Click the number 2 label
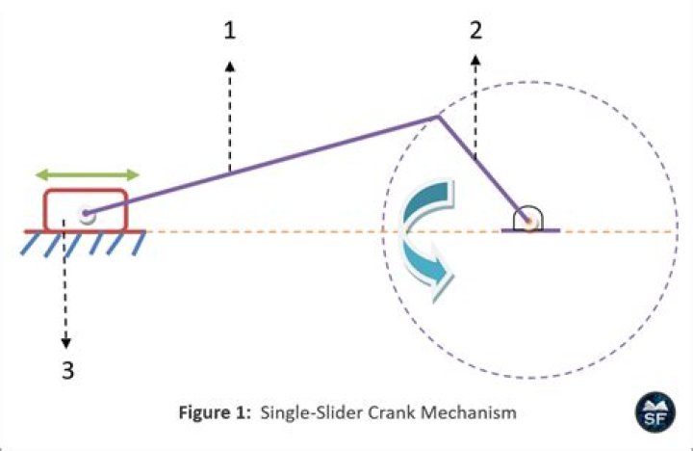click(475, 30)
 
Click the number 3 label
click(67, 370)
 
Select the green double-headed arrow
click(87, 175)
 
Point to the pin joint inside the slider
click(86, 215)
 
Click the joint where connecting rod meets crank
click(438, 118)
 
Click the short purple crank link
click(481, 169)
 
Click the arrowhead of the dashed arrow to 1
click(229, 64)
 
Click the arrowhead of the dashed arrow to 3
click(66, 342)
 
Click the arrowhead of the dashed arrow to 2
click(475, 60)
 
